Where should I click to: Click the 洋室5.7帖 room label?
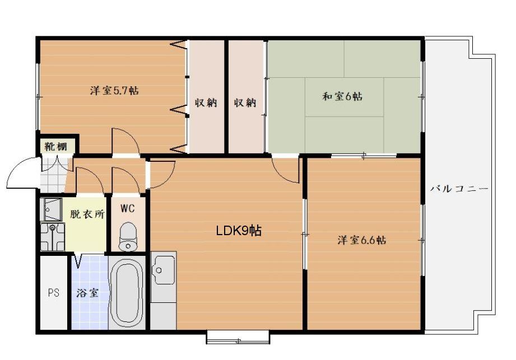coord(114,90)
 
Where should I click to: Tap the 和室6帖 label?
coord(342,96)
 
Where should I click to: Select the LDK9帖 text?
coord(239,231)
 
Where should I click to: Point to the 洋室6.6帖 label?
coord(362,240)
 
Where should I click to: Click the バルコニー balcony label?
coord(459,189)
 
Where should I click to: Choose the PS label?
coord(54,292)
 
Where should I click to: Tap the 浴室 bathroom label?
coord(87,293)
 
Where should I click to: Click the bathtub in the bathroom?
coord(127,292)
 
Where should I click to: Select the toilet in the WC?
coord(127,237)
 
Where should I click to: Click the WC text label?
coord(127,208)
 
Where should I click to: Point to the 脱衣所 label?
coord(87,214)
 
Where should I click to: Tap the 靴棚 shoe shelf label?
coord(55,146)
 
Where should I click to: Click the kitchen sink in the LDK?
coord(164,270)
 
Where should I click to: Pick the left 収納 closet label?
coord(206,102)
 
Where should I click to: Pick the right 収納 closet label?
coord(245,102)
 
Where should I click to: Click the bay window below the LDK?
coord(238,337)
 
